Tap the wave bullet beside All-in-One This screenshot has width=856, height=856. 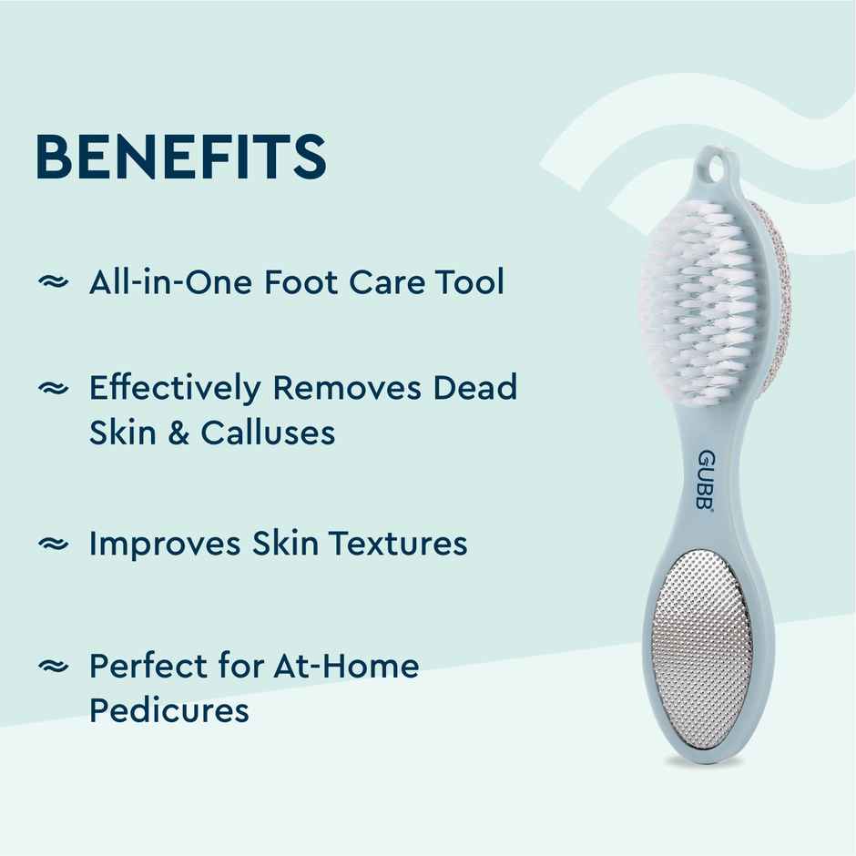(x=53, y=282)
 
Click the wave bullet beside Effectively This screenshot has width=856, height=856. (x=53, y=389)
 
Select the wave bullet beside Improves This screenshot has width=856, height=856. (x=53, y=545)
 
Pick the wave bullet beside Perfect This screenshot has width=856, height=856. (x=53, y=667)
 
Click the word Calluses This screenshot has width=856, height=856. (x=268, y=433)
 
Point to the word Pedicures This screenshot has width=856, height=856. (x=169, y=710)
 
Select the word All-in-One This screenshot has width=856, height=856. (x=170, y=281)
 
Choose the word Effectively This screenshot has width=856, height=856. (x=174, y=389)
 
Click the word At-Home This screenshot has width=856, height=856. (x=346, y=667)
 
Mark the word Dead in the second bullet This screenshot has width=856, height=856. (x=474, y=388)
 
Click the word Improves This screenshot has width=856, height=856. (x=165, y=545)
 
